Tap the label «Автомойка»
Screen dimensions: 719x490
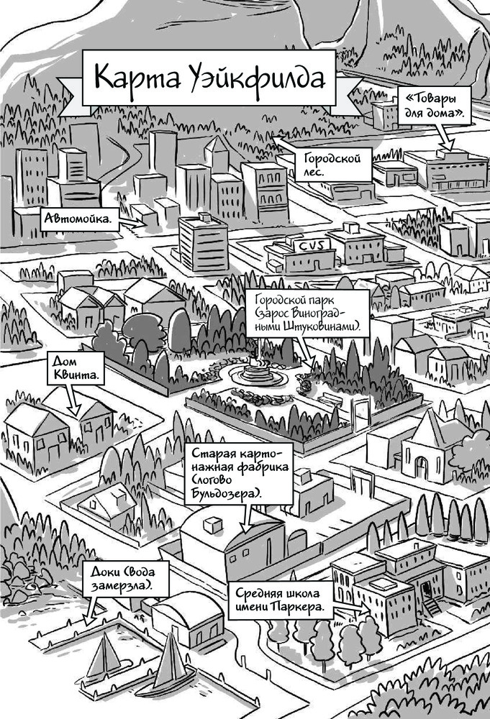pyautogui.click(x=80, y=219)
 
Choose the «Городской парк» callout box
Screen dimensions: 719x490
pyautogui.click(x=308, y=312)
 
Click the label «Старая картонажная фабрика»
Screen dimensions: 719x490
pyautogui.click(x=240, y=475)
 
